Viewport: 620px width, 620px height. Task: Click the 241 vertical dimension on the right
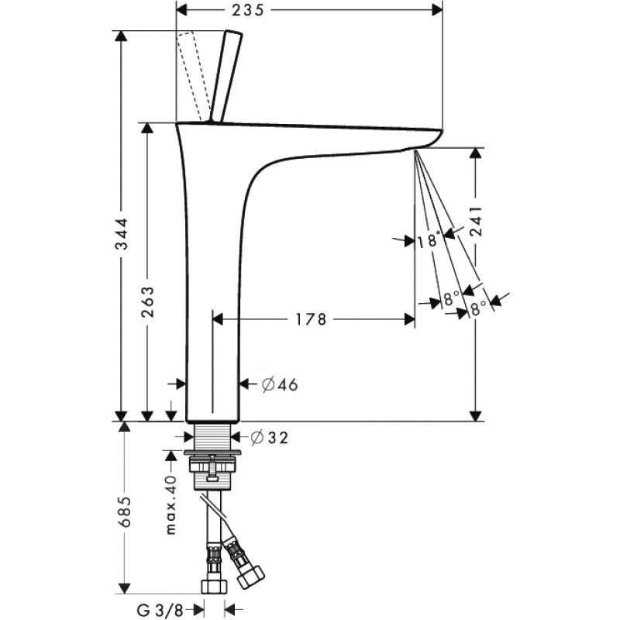(x=477, y=225)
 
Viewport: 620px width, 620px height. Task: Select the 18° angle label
(x=428, y=241)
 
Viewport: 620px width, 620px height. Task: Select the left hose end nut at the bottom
(x=210, y=586)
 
